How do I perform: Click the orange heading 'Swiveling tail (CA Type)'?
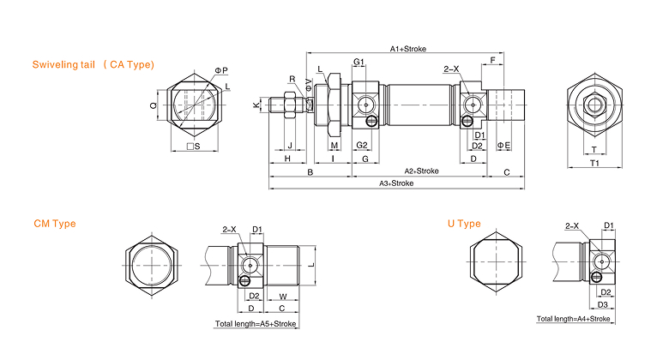93,64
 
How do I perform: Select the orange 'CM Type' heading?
55,224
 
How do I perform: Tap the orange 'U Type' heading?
464,224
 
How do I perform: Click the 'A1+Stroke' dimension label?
408,49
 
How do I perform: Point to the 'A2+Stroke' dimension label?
421,171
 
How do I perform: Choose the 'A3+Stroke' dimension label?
396,183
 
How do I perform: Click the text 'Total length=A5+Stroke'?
255,324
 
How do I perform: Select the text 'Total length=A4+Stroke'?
573,319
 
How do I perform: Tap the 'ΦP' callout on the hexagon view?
221,70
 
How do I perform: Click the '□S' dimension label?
193,147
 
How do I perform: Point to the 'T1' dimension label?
594,163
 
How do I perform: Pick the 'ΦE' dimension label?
503,146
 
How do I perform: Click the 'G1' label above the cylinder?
359,62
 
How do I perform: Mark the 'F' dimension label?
493,60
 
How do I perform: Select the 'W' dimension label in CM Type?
283,297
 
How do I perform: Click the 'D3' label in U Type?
602,304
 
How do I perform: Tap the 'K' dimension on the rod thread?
256,105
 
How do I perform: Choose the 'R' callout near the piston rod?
292,79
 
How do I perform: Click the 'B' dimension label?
310,172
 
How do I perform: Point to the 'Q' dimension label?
154,105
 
